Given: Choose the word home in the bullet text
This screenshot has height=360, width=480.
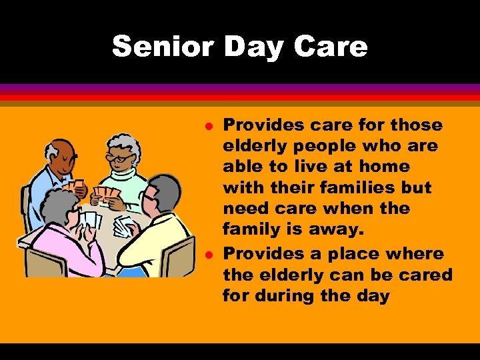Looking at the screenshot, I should tap(377, 166).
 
